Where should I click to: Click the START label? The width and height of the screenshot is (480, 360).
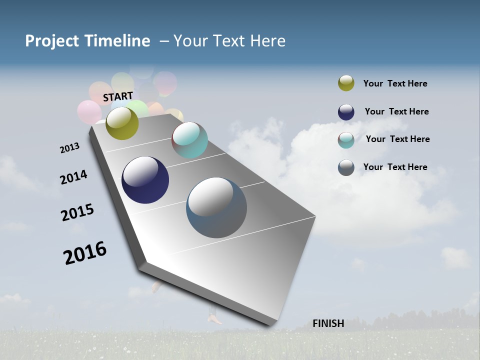pyautogui.click(x=118, y=96)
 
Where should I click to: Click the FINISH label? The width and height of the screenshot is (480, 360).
pyautogui.click(x=328, y=323)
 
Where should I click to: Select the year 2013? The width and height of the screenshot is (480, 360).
pyautogui.click(x=69, y=148)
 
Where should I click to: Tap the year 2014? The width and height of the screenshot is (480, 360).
pyautogui.click(x=73, y=177)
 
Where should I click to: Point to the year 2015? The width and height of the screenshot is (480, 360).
pyautogui.click(x=77, y=212)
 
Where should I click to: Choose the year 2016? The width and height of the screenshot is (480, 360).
pyautogui.click(x=85, y=253)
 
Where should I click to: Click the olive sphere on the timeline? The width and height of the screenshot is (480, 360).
pyautogui.click(x=122, y=123)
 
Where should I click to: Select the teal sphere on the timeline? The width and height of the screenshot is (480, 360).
pyautogui.click(x=189, y=140)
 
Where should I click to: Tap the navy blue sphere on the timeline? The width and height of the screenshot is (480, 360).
pyautogui.click(x=145, y=180)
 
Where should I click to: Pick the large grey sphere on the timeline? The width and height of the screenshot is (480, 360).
pyautogui.click(x=216, y=207)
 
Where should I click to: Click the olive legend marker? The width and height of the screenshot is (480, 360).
pyautogui.click(x=346, y=83)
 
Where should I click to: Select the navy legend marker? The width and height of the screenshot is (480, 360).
pyautogui.click(x=346, y=112)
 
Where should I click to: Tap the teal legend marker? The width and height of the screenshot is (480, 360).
pyautogui.click(x=346, y=140)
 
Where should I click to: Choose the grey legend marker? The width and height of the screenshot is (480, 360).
pyautogui.click(x=346, y=167)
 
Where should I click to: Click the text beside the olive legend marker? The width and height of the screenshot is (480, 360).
pyautogui.click(x=395, y=83)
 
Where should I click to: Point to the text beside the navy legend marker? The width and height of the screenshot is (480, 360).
pyautogui.click(x=396, y=111)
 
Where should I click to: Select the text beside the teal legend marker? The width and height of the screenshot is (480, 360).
pyautogui.click(x=397, y=139)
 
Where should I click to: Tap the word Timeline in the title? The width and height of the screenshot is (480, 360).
pyautogui.click(x=117, y=41)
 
